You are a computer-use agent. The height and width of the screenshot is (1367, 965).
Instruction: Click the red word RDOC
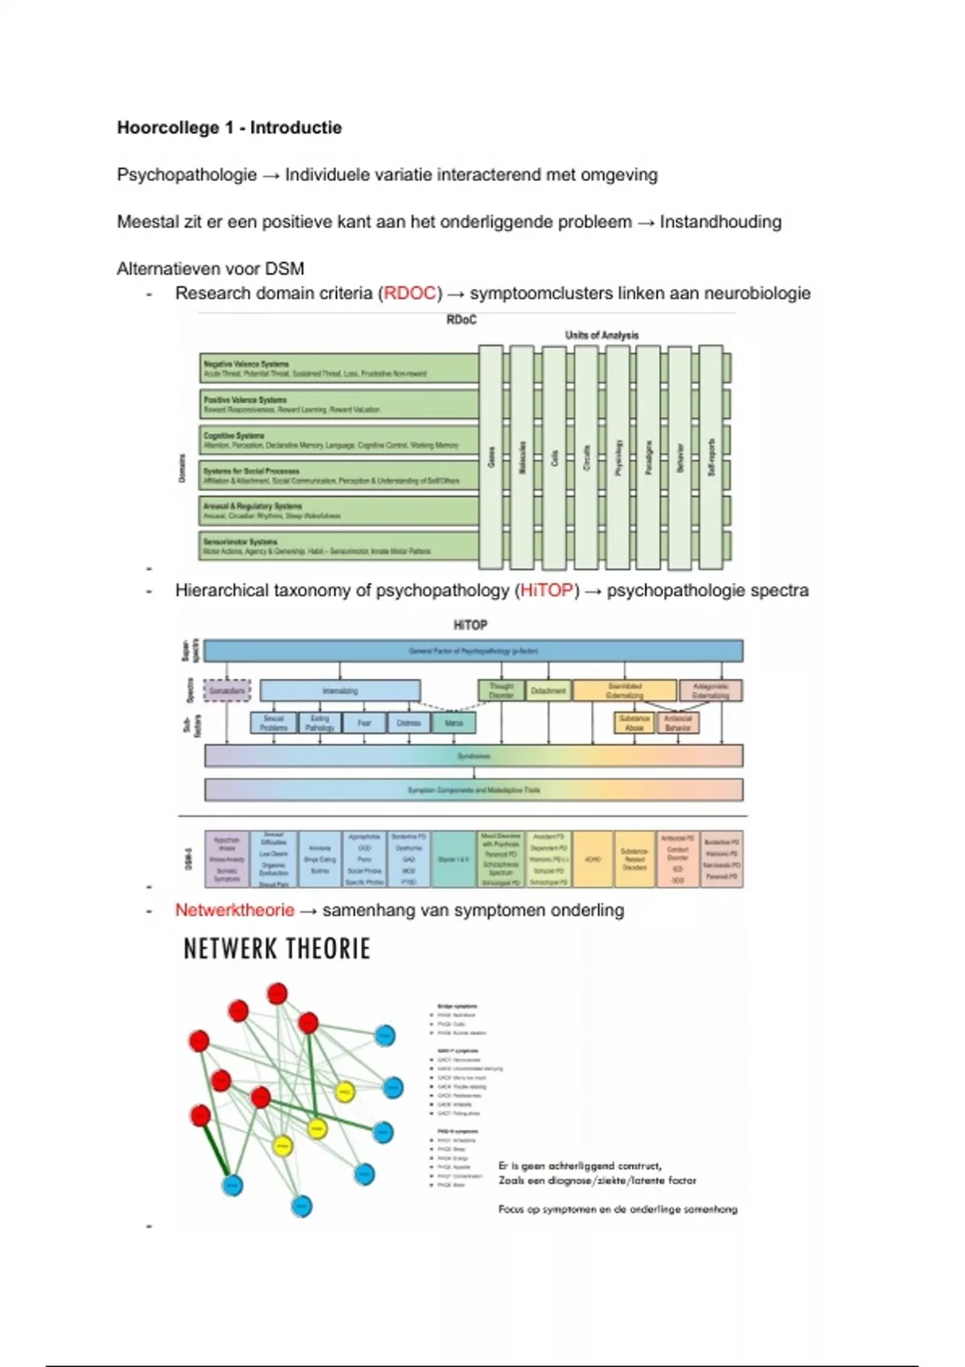point(410,294)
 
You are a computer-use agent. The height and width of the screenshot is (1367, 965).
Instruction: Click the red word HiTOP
point(547,591)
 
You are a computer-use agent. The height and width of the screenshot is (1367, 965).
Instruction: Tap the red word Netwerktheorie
point(235,910)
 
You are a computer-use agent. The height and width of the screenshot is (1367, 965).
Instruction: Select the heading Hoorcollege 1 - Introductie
point(229,128)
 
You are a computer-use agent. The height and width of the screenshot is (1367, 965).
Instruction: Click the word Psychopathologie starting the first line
point(187,175)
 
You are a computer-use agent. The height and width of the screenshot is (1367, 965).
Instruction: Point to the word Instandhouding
point(721,222)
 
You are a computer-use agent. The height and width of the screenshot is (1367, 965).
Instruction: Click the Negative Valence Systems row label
point(246,364)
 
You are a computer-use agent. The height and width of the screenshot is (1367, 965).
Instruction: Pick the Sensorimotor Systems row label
point(240,542)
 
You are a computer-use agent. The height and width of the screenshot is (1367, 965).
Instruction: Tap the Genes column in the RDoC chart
point(491,457)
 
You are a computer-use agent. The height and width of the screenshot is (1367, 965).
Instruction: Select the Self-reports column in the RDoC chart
point(711,457)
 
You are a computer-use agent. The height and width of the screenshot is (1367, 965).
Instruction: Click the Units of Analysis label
point(602,335)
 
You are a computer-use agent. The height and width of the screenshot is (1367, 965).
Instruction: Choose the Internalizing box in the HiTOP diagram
point(340,691)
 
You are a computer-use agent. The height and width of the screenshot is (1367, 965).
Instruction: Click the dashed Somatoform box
point(227,691)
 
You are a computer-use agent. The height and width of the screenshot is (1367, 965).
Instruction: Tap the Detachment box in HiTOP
point(548,691)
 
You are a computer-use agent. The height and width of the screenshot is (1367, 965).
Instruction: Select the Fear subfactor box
point(364,723)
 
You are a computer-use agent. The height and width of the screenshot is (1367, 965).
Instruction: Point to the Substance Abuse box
point(634,723)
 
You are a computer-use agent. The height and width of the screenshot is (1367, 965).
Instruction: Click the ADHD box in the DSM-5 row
point(593,860)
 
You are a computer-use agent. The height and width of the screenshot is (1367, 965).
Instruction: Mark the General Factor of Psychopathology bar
point(474,651)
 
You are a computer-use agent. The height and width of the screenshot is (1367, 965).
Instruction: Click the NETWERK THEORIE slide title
point(277,949)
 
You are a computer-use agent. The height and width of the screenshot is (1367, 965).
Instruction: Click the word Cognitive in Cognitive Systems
point(217,435)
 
